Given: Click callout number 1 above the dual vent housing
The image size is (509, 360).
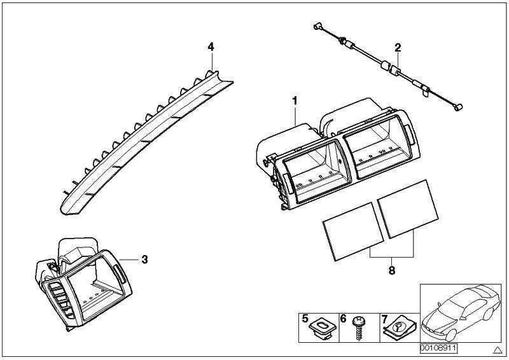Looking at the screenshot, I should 295,100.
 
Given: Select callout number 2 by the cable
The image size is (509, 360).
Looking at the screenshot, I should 398,47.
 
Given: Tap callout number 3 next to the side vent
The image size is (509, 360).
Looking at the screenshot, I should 144,260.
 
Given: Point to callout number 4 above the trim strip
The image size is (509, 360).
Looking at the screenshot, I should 211,46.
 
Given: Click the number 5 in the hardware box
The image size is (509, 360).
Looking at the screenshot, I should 305,318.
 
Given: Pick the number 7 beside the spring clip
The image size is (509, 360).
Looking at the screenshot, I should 383,318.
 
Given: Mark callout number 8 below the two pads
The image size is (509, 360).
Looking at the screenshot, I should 391,270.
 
